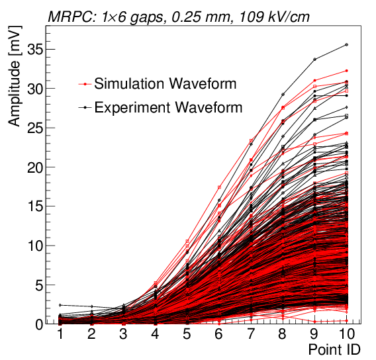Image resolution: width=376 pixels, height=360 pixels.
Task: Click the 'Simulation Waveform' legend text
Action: (x=165, y=84)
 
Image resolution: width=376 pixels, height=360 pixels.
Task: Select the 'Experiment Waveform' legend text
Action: (x=168, y=107)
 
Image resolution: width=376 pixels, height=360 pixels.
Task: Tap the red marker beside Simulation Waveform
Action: (x=85, y=84)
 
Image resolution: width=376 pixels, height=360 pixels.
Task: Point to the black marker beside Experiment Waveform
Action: (x=85, y=107)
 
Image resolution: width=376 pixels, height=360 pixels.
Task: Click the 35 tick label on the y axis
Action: (x=34, y=50)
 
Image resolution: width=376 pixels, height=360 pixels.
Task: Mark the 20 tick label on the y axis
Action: (x=34, y=167)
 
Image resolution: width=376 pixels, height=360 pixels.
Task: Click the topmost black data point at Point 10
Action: (x=346, y=45)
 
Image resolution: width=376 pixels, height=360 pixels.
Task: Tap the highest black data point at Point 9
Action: (x=314, y=60)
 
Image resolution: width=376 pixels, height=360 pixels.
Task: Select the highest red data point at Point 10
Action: (x=346, y=71)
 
